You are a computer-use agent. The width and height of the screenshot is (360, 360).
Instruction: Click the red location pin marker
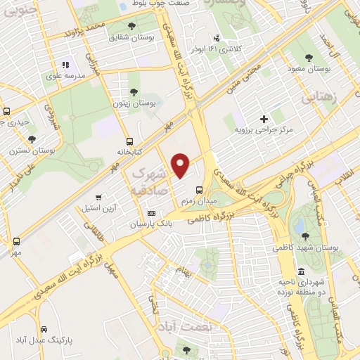coord(181,166)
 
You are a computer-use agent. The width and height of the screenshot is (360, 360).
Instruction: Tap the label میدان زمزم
coord(196,201)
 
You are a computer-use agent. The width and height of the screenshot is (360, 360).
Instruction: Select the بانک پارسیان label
coord(150,224)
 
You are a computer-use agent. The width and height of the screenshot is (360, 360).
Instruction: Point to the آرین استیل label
coord(101,208)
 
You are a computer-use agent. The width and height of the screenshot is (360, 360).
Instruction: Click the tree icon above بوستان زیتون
coord(134,91)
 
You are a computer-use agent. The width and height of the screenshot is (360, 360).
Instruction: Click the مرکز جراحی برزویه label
coord(263,130)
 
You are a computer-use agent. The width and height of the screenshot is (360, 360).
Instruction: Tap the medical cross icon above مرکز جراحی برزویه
coord(264,119)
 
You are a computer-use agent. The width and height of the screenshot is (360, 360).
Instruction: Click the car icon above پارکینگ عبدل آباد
coord(44,329)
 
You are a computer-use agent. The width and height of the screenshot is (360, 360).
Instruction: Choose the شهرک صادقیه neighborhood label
coord(150,181)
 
